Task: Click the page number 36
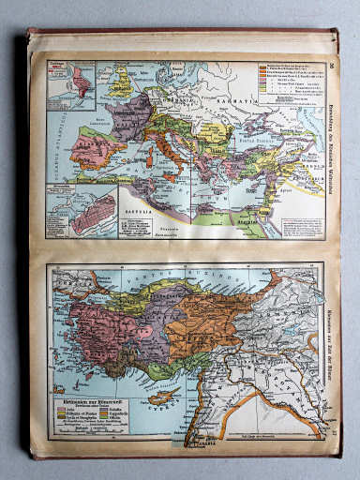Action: (334, 64)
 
